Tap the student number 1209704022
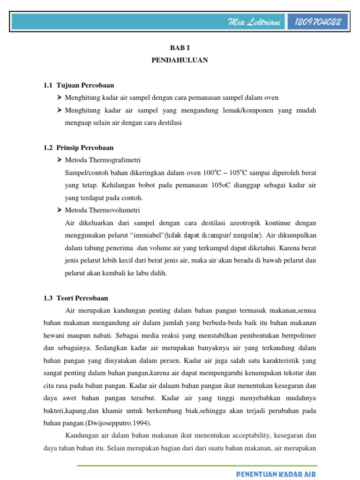click(321, 22)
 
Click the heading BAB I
click(180, 48)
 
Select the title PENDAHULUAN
click(180, 60)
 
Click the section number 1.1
click(48, 85)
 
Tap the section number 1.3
click(48, 298)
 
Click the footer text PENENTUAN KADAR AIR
click(276, 474)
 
